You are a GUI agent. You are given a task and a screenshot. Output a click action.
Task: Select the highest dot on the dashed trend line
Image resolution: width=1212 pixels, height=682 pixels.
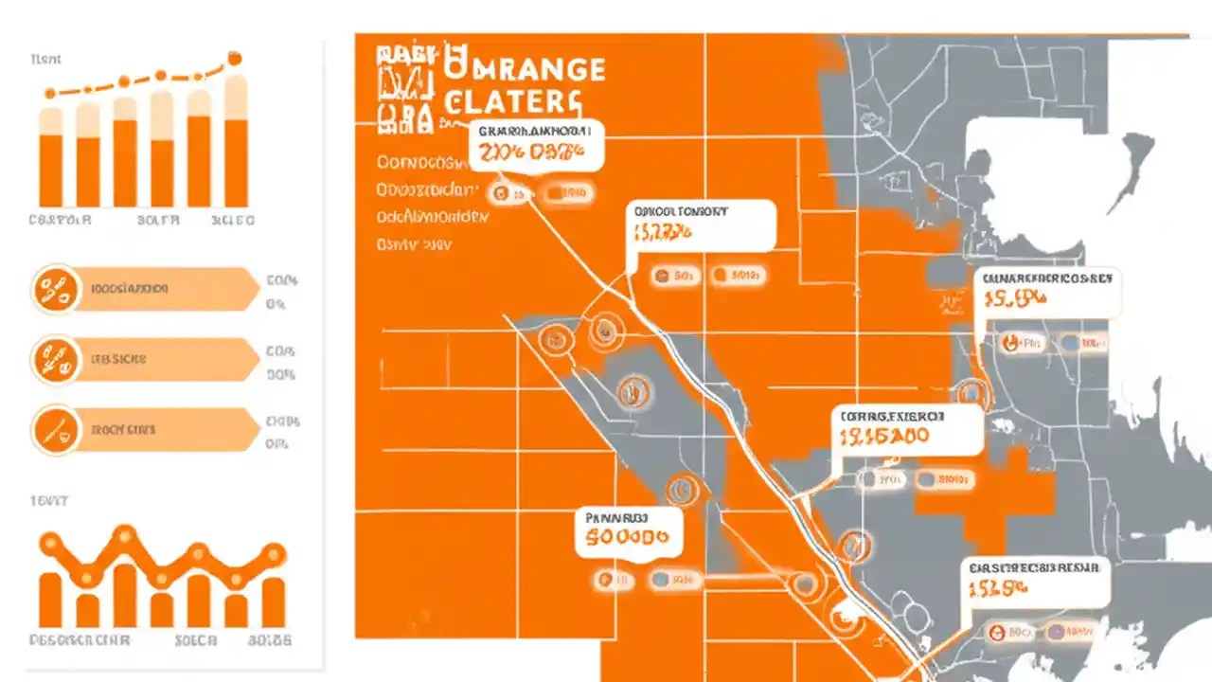[x=233, y=59]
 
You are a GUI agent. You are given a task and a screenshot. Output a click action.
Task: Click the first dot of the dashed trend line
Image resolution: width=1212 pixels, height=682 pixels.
[x=51, y=93]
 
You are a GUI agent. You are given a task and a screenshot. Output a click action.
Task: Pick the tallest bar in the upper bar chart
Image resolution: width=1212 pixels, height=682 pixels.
[x=236, y=142]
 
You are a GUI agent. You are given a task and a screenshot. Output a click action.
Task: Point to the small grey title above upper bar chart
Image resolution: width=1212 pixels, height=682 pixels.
[x=45, y=59]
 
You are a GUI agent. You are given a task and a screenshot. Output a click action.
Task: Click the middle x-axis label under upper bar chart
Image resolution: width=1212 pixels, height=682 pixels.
[x=158, y=220]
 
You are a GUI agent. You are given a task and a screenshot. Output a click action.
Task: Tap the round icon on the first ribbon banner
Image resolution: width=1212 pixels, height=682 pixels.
[x=56, y=289]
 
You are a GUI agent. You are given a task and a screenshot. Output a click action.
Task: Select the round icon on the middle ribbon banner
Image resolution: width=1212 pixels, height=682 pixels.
[x=56, y=360]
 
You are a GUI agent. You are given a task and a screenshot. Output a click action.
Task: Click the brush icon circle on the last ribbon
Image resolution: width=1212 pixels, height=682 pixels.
[x=56, y=430]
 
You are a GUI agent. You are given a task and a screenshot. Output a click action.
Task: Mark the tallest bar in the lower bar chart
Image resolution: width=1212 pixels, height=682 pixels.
[x=124, y=595]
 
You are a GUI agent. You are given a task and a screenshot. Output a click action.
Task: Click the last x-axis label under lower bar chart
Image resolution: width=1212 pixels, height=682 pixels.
[x=269, y=640]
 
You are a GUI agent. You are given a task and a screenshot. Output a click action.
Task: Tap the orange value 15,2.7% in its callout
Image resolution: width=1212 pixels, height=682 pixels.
[x=664, y=232]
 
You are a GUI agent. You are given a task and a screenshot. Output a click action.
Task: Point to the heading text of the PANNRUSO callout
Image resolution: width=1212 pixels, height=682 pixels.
[x=615, y=518]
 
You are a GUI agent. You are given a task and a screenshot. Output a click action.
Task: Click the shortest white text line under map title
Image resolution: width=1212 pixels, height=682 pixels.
[x=414, y=244]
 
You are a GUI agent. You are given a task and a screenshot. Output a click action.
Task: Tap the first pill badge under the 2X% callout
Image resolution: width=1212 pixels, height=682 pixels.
[x=509, y=194]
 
